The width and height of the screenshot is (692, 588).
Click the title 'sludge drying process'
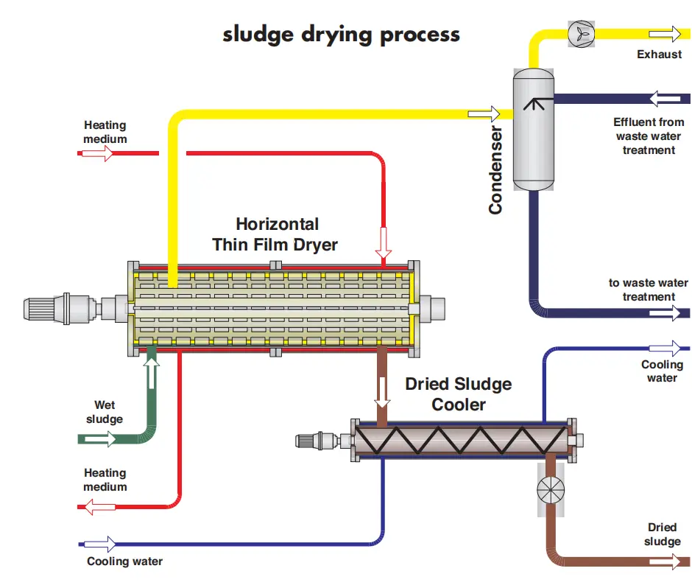[x=341, y=35]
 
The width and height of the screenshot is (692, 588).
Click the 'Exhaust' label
[x=659, y=55]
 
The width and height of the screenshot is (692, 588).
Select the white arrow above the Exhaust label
[x=665, y=33]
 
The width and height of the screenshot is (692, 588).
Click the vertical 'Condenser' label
[x=495, y=170]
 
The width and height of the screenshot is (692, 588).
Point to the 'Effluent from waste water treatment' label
[x=649, y=136]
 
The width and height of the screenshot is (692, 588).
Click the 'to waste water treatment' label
[x=649, y=290]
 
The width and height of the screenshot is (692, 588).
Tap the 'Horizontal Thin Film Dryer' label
[x=276, y=234]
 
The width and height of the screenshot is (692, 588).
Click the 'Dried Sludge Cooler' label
[x=458, y=394]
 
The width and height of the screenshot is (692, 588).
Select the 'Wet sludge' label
[x=104, y=412]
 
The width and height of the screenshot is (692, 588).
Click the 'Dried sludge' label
[x=662, y=534]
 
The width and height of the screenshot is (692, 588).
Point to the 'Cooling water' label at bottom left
[x=124, y=561]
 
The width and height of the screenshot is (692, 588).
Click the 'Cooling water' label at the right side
[x=661, y=371]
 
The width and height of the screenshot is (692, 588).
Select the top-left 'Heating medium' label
[x=105, y=132]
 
